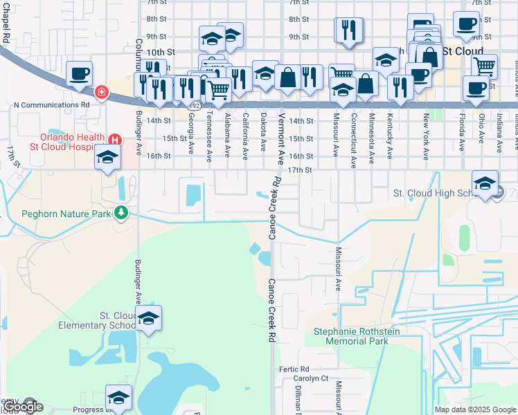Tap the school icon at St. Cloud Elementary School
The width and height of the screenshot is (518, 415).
click(x=148, y=319)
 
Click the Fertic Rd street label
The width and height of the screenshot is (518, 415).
click(x=294, y=369)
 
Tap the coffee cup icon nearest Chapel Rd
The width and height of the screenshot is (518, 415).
click(x=80, y=73)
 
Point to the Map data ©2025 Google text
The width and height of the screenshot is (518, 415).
click(x=475, y=409)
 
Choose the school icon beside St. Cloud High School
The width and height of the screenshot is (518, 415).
click(x=485, y=183)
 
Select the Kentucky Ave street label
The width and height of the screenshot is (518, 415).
click(x=390, y=128)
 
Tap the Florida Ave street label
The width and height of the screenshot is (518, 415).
click(x=462, y=136)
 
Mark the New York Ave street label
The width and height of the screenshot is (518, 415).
click(x=426, y=128)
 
